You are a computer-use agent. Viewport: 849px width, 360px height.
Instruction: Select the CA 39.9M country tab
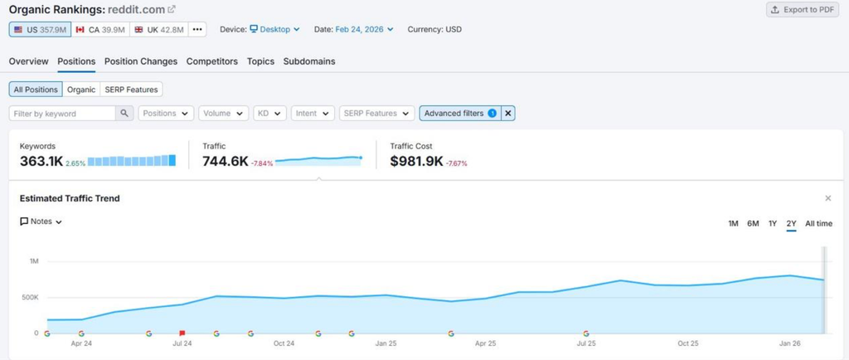click(x=100, y=29)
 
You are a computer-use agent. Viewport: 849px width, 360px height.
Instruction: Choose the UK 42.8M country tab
click(x=158, y=29)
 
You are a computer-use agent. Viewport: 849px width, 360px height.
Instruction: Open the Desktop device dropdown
click(x=274, y=29)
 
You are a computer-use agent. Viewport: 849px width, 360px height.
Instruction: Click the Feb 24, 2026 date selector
click(x=365, y=29)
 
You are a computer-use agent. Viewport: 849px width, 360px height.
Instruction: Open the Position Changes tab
click(x=141, y=61)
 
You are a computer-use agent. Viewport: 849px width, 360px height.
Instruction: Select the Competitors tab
click(x=212, y=61)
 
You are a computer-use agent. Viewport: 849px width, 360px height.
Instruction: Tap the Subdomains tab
click(x=309, y=61)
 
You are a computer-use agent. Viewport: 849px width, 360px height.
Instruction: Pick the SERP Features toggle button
click(x=132, y=90)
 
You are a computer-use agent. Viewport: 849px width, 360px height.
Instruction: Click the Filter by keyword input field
click(x=62, y=113)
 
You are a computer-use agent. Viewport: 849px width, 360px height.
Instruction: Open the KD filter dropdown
click(x=269, y=113)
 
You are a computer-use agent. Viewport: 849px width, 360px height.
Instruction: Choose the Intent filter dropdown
click(x=313, y=113)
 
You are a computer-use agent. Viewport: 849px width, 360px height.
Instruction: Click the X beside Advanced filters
click(x=508, y=113)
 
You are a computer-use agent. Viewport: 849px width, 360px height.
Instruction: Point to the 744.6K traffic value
click(x=226, y=161)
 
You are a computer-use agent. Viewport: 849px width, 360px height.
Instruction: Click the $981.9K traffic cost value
click(x=416, y=161)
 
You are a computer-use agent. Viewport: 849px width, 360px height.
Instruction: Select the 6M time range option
click(x=753, y=224)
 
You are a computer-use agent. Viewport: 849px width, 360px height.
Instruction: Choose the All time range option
click(x=818, y=224)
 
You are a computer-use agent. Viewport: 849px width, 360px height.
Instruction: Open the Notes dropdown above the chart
click(x=41, y=221)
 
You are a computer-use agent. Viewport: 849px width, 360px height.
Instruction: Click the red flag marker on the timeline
click(x=182, y=333)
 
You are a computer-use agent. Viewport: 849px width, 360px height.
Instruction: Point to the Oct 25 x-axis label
click(x=687, y=343)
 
